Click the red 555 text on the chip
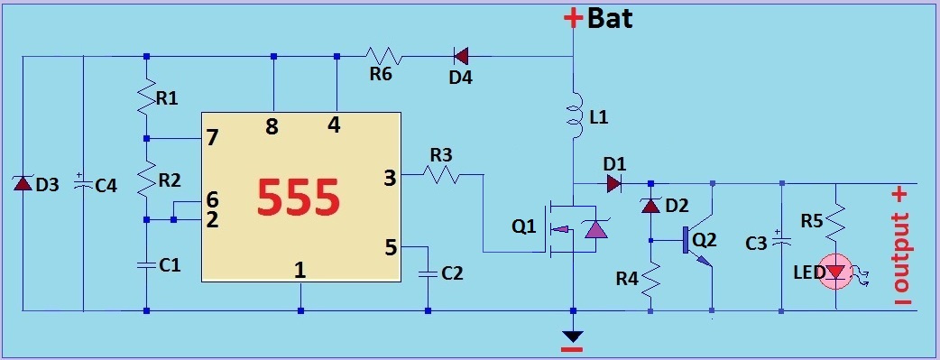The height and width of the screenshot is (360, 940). click(x=299, y=198)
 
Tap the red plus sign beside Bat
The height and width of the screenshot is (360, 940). click(x=573, y=18)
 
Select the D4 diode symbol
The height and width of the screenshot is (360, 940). click(x=461, y=57)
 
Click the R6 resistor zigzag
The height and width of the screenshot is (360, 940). click(x=384, y=57)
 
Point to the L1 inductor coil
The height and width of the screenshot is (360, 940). click(x=576, y=115)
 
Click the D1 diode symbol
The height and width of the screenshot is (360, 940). click(x=613, y=183)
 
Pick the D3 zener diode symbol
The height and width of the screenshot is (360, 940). click(x=23, y=183)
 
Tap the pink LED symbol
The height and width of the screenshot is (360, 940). click(x=837, y=273)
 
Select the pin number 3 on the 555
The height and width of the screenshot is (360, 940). click(x=390, y=179)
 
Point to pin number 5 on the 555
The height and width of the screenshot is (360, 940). click(x=391, y=247)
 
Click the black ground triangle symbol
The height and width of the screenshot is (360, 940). click(x=574, y=336)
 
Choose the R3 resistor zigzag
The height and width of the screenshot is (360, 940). click(x=441, y=175)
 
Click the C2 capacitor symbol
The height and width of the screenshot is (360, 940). click(x=428, y=274)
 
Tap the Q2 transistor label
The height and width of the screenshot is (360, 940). click(x=705, y=239)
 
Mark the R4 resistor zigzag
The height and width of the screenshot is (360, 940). click(x=650, y=279)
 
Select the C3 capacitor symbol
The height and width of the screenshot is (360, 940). click(x=781, y=240)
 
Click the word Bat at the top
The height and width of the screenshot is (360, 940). click(x=611, y=19)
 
